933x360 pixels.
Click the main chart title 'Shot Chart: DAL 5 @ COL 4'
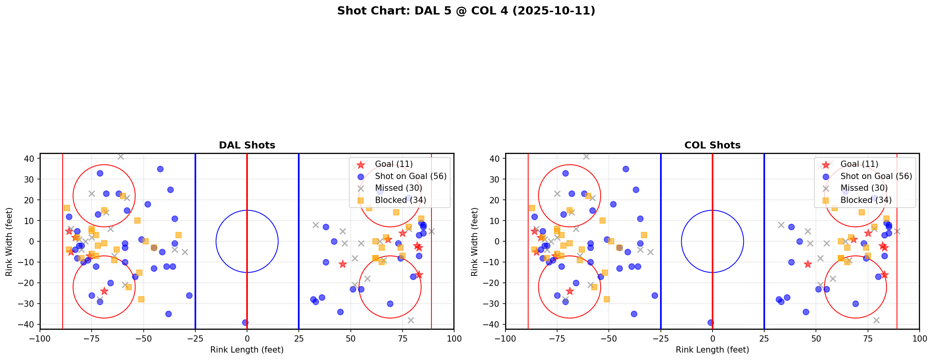(x=466, y=11)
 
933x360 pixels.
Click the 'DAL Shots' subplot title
(x=247, y=145)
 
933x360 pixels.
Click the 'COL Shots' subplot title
(x=712, y=145)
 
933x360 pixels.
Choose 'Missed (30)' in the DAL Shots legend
(x=398, y=188)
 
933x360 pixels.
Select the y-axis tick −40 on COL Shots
(x=494, y=324)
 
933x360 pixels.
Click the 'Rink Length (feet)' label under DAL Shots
(x=247, y=350)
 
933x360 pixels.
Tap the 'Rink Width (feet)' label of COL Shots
(x=475, y=241)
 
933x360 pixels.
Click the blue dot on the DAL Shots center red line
(x=245, y=323)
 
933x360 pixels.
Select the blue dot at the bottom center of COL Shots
(x=711, y=323)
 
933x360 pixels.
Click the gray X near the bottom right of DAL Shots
(x=410, y=320)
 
